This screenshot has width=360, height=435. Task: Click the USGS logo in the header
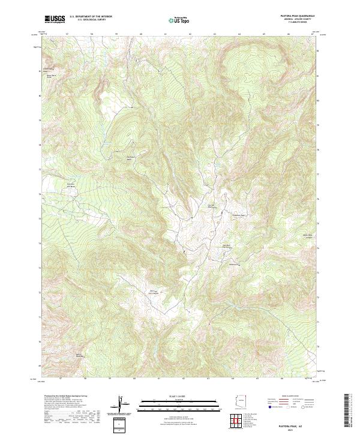pyautogui.click(x=55, y=19)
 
